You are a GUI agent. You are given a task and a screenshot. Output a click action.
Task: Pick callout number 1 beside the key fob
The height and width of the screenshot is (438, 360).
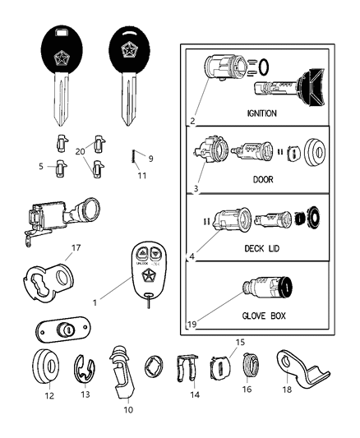[95, 302]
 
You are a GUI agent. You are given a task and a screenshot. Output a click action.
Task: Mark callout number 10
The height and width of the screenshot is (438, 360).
[127, 409]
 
